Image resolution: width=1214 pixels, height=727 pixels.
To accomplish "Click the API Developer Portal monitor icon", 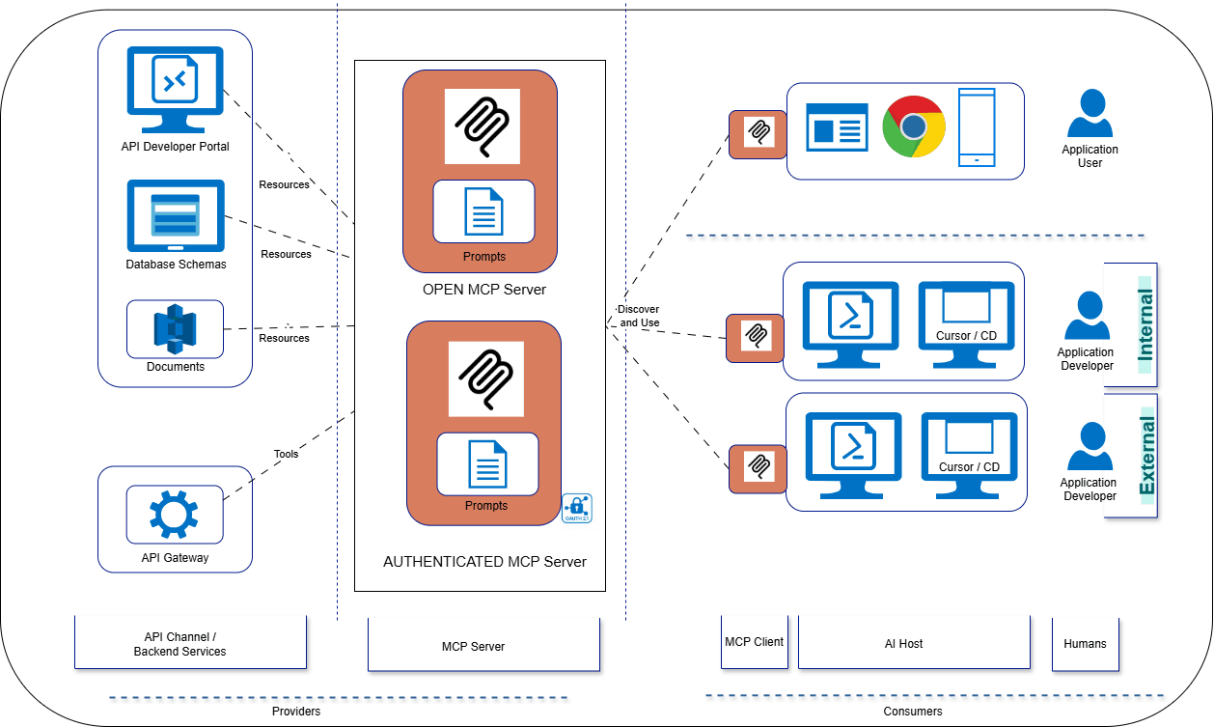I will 175,88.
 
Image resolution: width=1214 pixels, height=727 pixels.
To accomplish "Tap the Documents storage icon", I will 175,328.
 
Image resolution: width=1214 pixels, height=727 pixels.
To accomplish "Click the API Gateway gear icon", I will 174,514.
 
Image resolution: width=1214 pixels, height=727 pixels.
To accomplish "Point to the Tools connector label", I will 286,454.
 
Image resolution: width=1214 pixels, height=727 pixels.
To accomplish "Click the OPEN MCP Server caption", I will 483,290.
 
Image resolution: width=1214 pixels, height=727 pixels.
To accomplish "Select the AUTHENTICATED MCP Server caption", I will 484,561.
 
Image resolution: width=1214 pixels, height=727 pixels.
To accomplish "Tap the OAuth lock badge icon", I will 577,508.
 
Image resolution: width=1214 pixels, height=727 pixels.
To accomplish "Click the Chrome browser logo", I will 913,126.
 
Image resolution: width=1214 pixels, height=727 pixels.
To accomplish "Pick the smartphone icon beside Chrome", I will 976,127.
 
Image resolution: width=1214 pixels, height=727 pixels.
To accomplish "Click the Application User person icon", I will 1090,113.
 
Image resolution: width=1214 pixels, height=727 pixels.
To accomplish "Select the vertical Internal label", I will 1145,323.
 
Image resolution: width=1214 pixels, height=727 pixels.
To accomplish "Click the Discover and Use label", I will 639,315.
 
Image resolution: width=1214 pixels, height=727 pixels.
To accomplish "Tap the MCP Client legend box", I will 754,642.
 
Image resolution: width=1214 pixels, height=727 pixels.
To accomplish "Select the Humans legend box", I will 1085,643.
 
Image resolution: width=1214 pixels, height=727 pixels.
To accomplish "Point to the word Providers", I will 295,712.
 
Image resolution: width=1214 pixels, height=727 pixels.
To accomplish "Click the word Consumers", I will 912,712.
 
